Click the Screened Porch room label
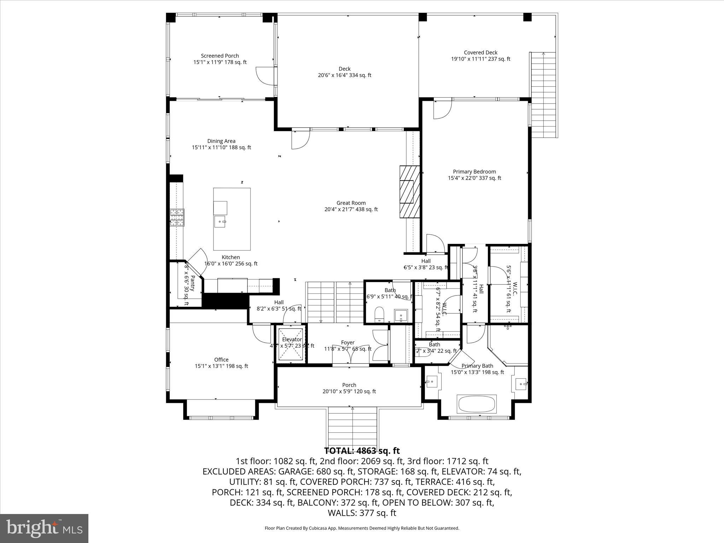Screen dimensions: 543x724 (220, 59)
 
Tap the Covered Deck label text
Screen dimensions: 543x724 (480, 56)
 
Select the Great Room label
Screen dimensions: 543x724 (351, 206)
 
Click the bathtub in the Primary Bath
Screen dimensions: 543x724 (477, 404)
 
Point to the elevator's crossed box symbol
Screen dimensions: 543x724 (291, 344)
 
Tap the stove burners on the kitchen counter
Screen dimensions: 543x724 (177, 217)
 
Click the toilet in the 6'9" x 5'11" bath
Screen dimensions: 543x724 (379, 314)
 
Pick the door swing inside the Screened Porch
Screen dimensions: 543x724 (264, 75)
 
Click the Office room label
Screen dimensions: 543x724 (221, 363)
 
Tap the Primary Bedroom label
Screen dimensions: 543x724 (474, 175)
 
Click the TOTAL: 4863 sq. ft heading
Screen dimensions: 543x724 (362, 451)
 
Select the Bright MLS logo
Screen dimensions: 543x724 (44, 528)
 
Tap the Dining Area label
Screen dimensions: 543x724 (221, 144)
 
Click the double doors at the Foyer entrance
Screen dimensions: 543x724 (350, 358)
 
